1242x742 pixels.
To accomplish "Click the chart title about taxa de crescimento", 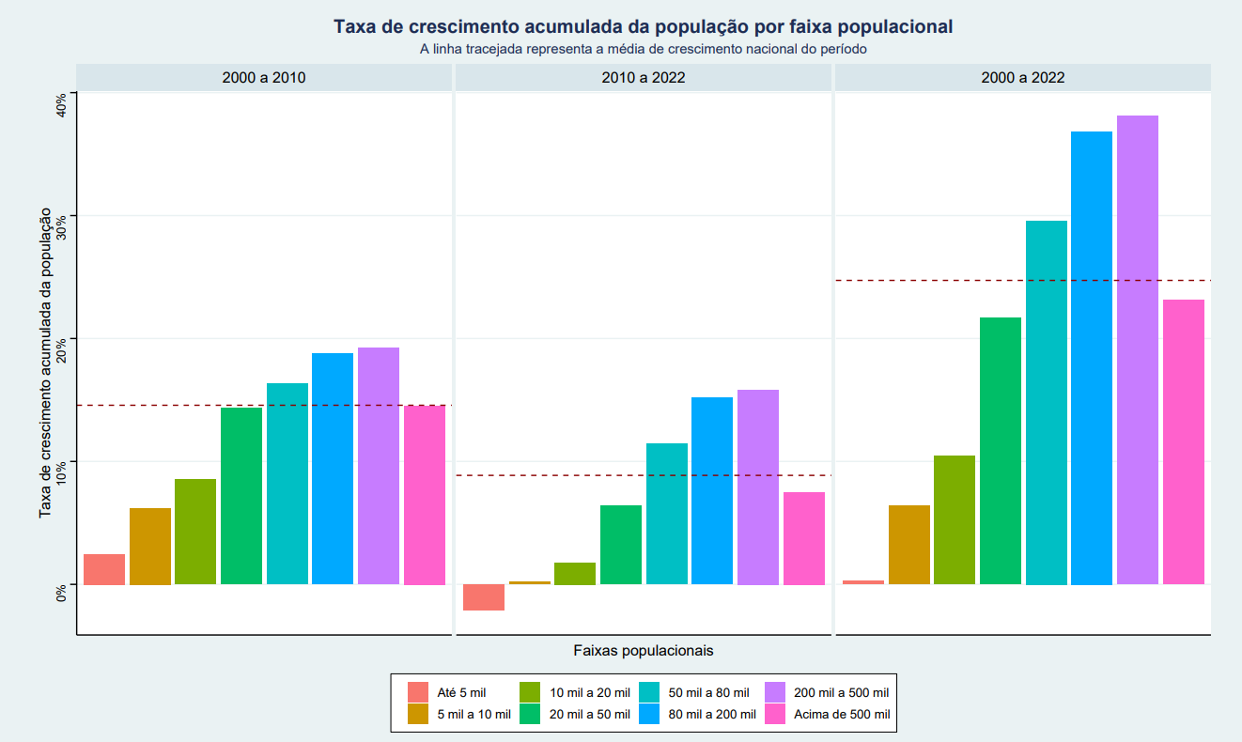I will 643,27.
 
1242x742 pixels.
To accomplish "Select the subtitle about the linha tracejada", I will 643,49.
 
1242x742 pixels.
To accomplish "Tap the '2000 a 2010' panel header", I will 264,78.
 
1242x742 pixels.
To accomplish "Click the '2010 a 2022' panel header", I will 644,78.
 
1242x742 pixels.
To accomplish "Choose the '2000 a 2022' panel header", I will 1023,78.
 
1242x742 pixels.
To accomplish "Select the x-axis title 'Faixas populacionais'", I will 643,650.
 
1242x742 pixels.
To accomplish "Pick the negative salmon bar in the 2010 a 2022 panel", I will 484,597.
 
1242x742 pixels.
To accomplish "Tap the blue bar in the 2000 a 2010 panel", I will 333,469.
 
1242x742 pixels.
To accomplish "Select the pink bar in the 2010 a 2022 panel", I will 804,538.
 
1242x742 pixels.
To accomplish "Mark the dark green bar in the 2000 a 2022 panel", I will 1001,451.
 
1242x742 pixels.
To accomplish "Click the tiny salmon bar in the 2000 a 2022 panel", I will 863,582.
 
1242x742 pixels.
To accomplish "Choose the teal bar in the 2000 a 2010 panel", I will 287,484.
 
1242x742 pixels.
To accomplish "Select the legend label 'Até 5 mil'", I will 462,693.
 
